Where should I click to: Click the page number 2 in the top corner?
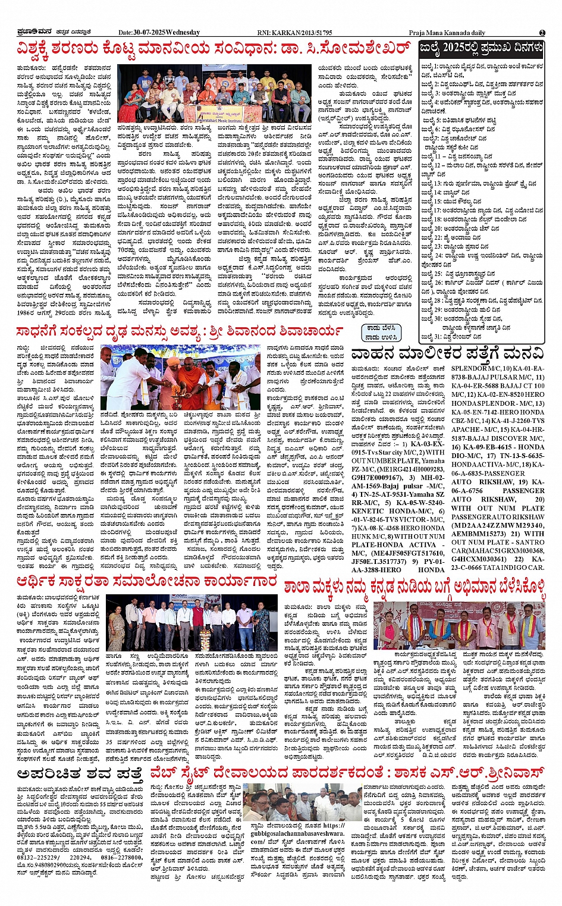point(542,33)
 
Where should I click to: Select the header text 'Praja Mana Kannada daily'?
point(447,32)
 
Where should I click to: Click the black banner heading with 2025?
point(481,48)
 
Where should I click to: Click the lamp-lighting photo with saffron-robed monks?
point(181,377)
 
